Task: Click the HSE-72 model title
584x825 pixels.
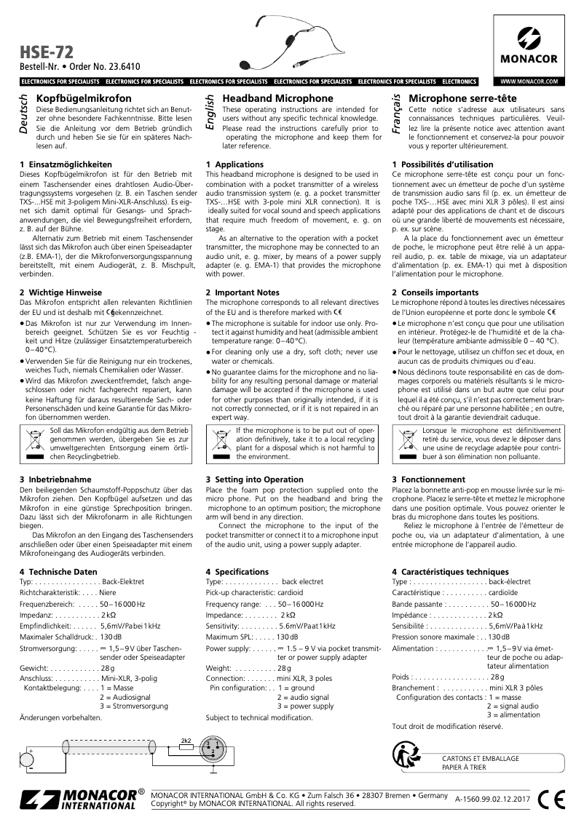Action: pos(43,53)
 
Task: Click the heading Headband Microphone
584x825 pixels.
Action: pos(267,97)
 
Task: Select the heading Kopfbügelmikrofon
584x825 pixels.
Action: pos(84,97)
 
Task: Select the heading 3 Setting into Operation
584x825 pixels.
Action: pos(254,479)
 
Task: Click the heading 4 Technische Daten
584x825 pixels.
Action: pos(58,572)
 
